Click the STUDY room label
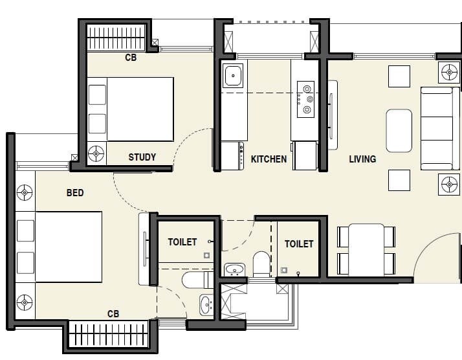142,157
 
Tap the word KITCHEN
269,159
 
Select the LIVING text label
362,159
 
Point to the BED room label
75,192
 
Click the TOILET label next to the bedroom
182,242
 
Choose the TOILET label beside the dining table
299,243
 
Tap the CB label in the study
130,58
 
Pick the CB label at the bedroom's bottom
113,314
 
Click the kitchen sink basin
232,76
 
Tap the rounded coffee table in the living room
399,129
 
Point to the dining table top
366,249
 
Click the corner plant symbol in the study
96,153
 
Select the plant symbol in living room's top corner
448,72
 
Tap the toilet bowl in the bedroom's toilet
194,280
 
